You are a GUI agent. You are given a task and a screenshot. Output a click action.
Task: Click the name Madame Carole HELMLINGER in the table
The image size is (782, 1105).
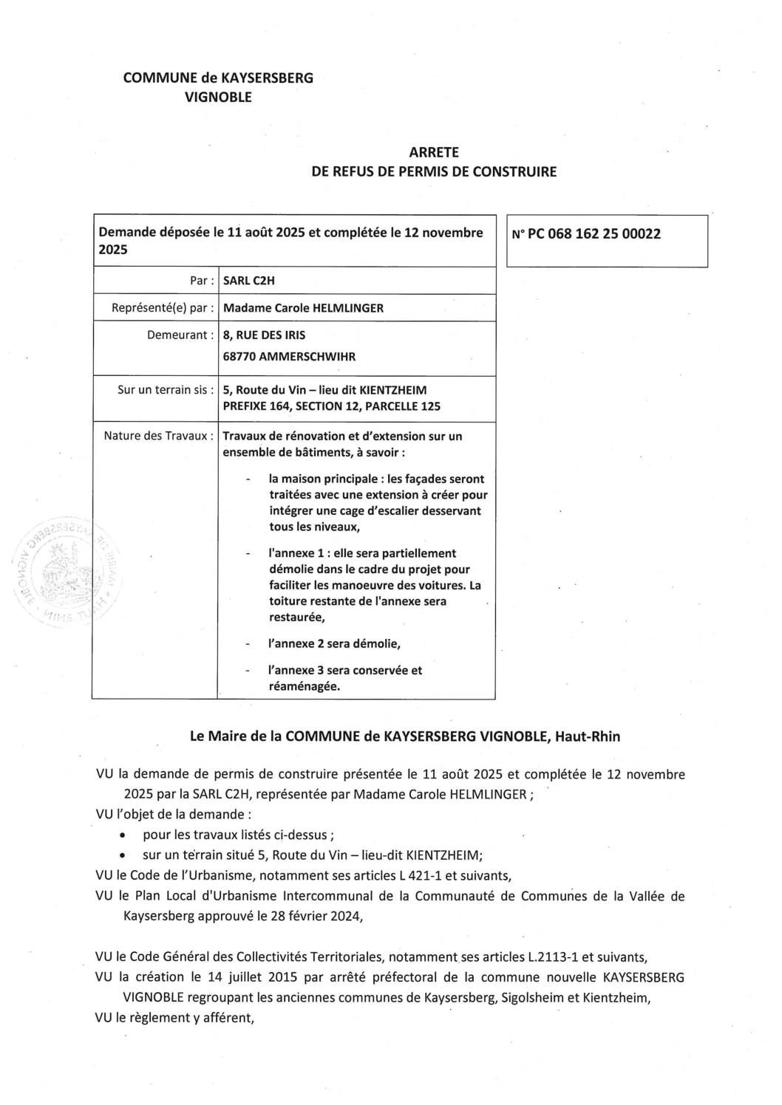[x=303, y=308]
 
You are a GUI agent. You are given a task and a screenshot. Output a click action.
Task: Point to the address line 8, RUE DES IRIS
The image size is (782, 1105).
[x=264, y=335]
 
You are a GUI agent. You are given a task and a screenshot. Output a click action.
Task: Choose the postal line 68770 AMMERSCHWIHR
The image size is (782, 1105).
[x=289, y=357]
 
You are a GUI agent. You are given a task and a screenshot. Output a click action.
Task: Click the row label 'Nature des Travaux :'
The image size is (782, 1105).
[x=159, y=436]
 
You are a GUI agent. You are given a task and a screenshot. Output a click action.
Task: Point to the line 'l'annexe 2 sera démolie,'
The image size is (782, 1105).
[x=334, y=643]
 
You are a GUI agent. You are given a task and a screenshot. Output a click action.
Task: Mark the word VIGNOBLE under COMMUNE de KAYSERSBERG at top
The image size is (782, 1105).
[x=218, y=97]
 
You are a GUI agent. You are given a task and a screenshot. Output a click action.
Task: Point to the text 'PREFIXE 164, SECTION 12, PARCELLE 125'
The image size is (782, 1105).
[x=332, y=406]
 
